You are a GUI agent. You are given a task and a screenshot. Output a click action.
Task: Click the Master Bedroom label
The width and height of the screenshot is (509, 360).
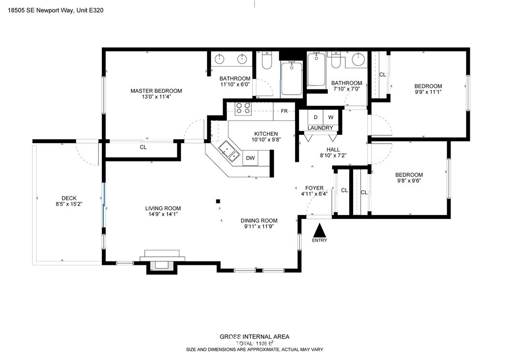click(156, 91)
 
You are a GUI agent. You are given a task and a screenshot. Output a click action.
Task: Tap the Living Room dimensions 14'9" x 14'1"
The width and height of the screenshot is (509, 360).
click(163, 215)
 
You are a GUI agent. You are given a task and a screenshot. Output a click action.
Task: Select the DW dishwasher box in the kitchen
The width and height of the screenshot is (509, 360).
click(250, 158)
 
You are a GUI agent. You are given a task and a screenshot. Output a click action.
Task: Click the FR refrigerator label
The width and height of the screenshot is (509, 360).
click(284, 112)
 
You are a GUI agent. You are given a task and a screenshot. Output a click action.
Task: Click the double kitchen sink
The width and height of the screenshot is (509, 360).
click(228, 151)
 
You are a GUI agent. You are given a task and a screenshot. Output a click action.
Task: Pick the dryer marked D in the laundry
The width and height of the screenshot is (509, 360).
click(315, 117)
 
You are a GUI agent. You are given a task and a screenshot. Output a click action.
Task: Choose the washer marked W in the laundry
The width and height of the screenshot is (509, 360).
click(331, 117)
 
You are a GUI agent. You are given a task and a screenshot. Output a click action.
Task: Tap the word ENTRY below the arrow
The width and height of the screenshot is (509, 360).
click(320, 240)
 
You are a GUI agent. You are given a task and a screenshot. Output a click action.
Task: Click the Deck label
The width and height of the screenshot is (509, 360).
click(69, 198)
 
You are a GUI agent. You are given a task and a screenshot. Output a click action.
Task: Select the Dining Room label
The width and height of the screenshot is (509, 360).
click(259, 220)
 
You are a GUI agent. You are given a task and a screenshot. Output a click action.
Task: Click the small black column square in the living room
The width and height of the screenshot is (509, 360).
click(218, 201)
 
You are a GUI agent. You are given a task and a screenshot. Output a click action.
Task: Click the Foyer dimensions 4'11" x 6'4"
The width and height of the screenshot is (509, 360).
click(314, 195)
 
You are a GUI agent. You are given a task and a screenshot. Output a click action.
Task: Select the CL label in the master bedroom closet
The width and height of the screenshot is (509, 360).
click(143, 147)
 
